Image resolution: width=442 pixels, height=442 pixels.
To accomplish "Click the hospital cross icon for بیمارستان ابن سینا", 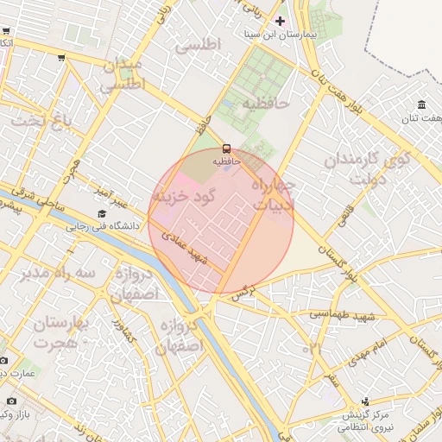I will (x=279, y=20).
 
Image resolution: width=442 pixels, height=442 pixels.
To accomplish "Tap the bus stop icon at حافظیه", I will (x=227, y=148).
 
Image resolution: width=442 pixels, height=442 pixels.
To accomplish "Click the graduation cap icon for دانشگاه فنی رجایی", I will (x=102, y=213).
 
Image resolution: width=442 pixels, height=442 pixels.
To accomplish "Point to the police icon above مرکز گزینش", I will (x=365, y=401).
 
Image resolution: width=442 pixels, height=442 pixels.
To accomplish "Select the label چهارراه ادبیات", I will (x=275, y=194).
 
